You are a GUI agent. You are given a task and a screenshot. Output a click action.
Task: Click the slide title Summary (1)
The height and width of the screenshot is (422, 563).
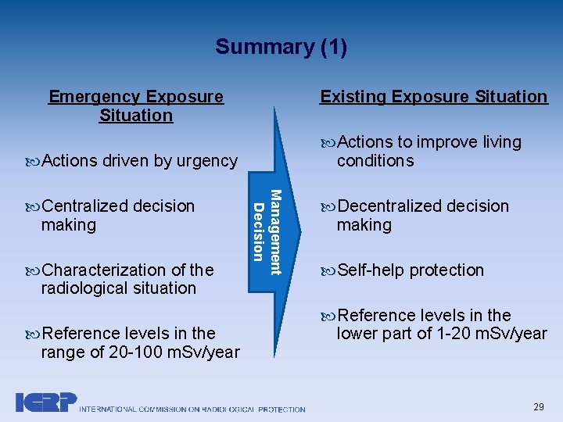(x=281, y=47)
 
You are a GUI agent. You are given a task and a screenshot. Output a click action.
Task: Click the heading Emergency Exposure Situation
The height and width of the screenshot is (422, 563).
(x=136, y=106)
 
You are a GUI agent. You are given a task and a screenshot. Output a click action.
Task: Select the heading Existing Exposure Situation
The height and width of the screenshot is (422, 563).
(x=434, y=97)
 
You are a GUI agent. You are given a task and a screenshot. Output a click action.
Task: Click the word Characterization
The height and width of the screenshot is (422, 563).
(x=101, y=270)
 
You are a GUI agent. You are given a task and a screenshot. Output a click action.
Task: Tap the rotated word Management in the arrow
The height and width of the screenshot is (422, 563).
(x=275, y=232)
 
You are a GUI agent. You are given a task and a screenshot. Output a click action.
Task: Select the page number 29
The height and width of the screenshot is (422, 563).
(x=539, y=407)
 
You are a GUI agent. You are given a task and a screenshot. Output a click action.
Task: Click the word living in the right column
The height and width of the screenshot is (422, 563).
(x=501, y=142)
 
